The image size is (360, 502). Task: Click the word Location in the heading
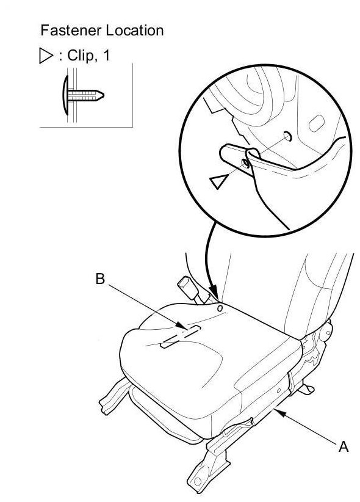135,31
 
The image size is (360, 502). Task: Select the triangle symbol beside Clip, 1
46,56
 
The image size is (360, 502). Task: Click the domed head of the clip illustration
66,95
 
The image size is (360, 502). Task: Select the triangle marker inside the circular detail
219,181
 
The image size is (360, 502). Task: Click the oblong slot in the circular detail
316,123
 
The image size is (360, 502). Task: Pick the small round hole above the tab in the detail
287,136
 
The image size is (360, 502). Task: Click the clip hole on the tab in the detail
245,164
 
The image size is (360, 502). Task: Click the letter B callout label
100,278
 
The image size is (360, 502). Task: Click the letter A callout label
344,446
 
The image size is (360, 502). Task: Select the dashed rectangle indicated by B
181,336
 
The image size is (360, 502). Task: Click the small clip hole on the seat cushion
220,308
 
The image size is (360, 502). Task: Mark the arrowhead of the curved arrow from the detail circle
214,294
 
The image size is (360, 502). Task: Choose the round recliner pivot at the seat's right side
325,332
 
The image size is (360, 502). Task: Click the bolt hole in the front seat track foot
198,481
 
